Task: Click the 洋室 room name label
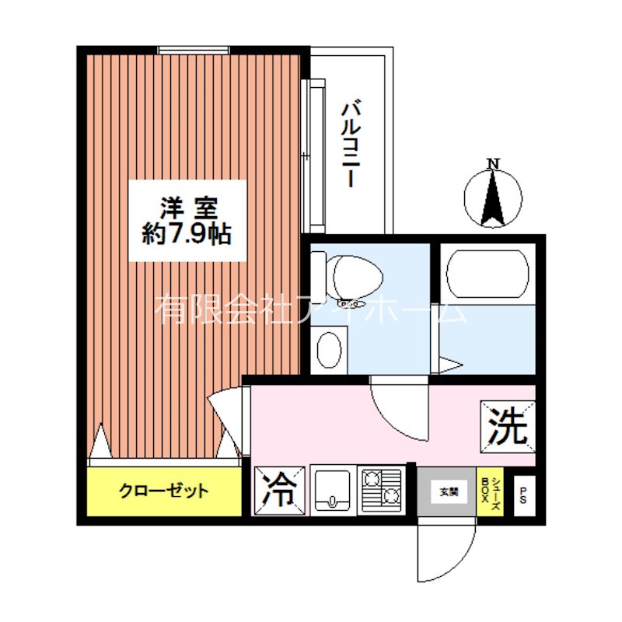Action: tap(187, 208)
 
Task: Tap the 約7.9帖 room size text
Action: tap(187, 234)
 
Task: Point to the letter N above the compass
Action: tap(492, 163)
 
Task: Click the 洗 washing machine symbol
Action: tap(508, 427)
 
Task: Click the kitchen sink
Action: tap(333, 489)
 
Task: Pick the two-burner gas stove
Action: tap(380, 489)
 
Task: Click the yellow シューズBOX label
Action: tap(491, 491)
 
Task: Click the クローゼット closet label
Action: tap(163, 491)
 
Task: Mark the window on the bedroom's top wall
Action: tap(194, 51)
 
